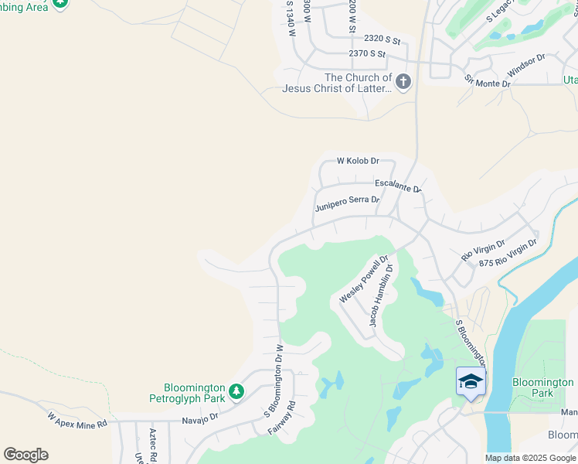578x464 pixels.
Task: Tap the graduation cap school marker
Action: tap(471, 381)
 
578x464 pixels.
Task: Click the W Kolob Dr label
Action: tap(358, 161)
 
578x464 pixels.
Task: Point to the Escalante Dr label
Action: tap(398, 186)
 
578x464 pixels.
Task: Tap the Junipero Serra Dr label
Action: tap(347, 203)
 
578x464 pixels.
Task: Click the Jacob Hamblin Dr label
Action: tap(380, 295)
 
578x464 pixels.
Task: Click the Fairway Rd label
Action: tap(282, 416)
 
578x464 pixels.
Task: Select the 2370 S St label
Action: tap(367, 53)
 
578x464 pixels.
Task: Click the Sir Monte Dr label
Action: tap(488, 81)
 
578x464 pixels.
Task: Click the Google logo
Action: tap(25, 454)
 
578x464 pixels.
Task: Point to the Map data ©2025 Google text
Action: tap(530, 458)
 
